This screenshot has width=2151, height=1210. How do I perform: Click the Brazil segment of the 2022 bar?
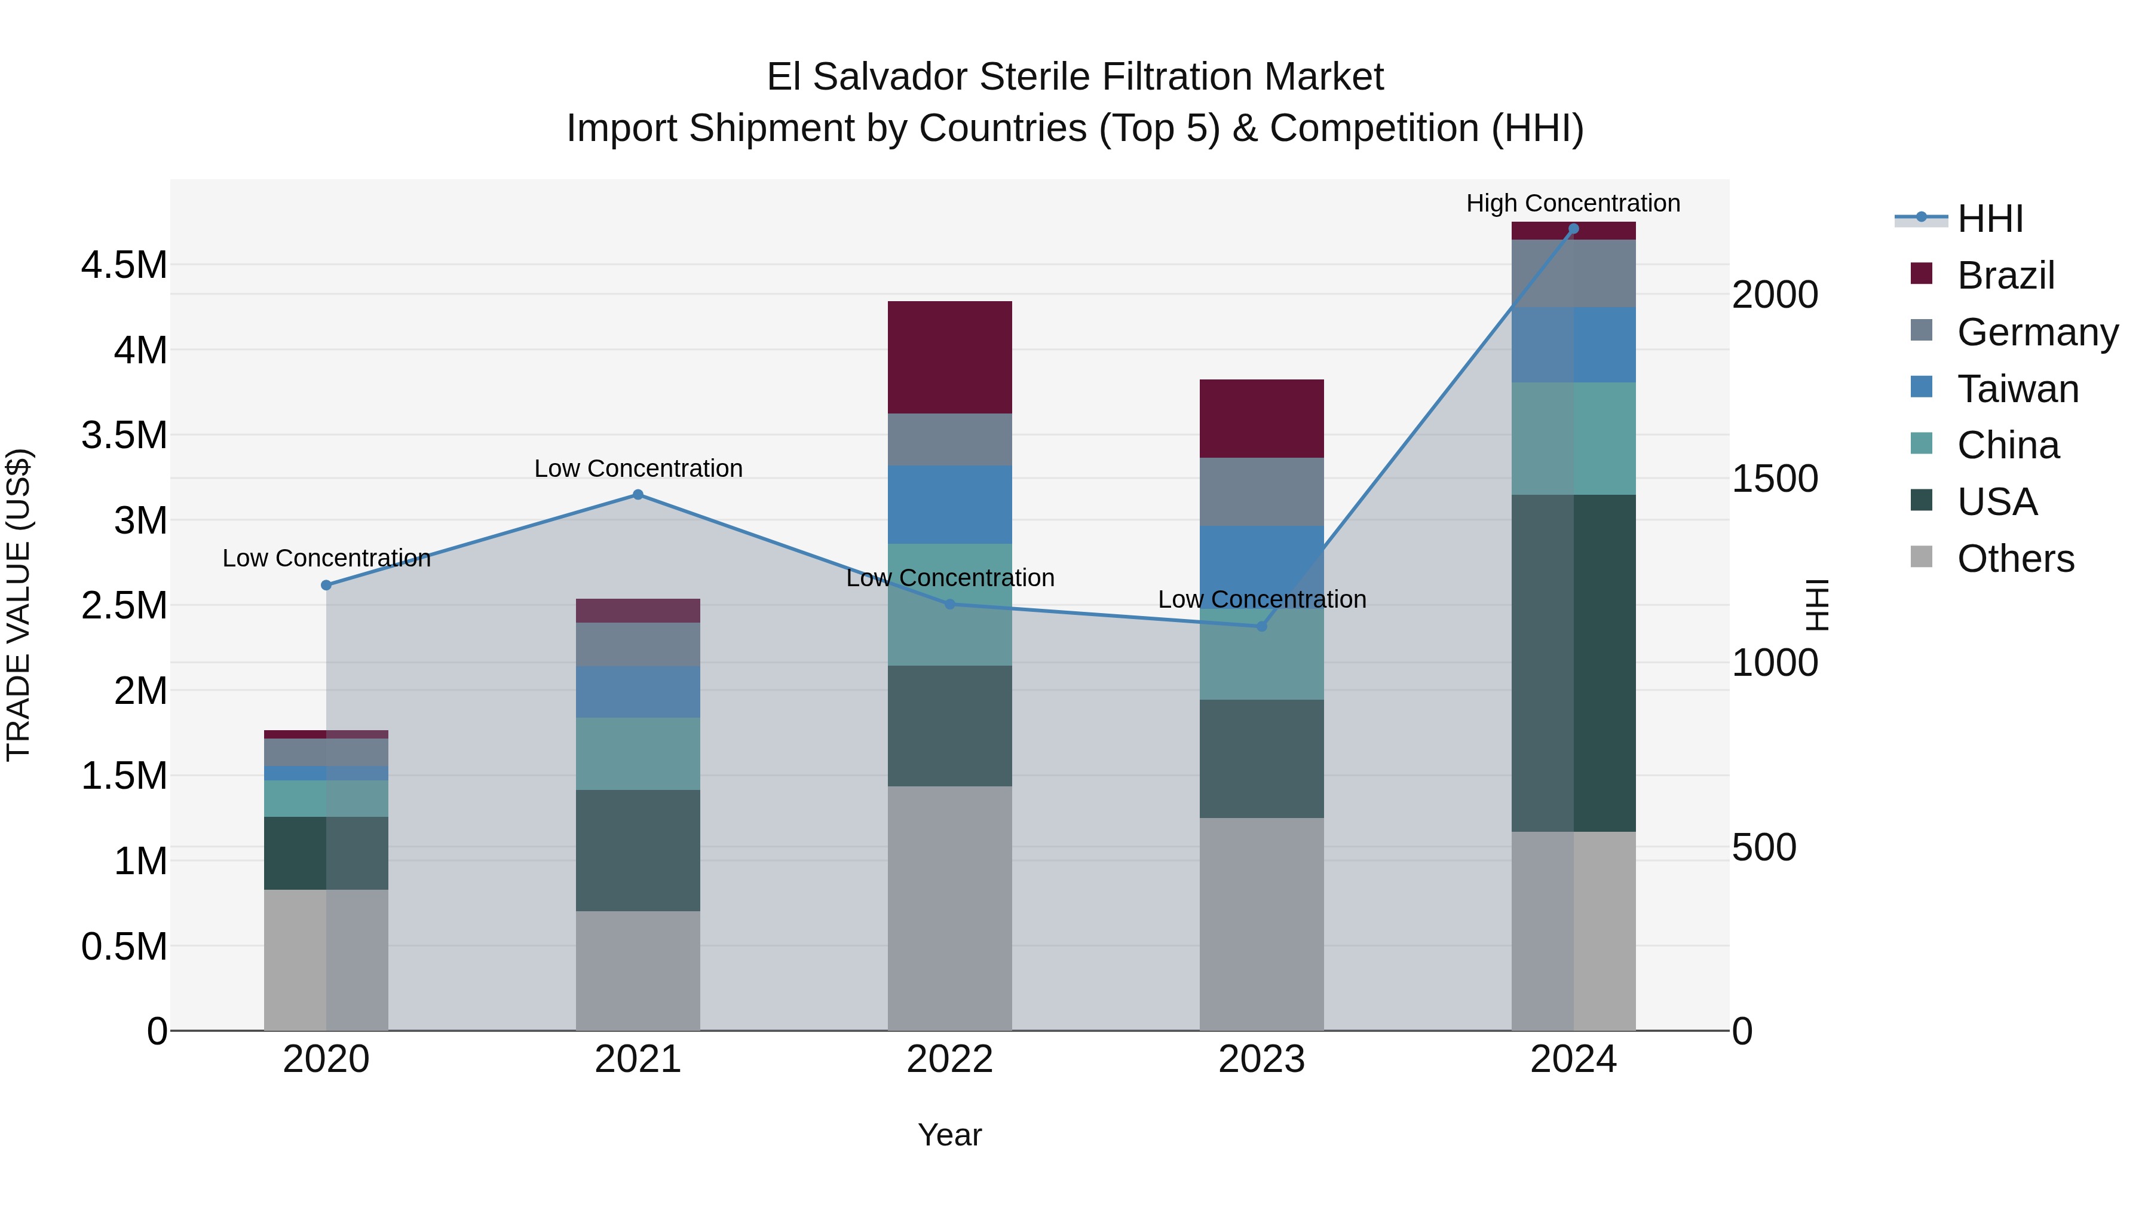949,357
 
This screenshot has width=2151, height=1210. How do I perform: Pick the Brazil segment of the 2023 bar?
1262,418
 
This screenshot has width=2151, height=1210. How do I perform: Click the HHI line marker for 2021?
638,494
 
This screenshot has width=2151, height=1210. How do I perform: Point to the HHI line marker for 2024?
1573,229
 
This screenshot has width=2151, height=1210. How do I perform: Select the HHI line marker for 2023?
1262,626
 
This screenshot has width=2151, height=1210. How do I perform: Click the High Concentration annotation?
1573,203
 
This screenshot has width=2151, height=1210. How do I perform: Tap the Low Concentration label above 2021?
638,468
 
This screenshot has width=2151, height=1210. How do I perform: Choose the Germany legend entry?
2037,332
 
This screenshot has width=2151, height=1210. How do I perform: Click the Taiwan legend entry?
2017,389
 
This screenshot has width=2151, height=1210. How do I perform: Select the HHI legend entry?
1990,219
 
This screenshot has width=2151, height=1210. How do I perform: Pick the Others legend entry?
2015,559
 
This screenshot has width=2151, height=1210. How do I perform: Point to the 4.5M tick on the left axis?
124,265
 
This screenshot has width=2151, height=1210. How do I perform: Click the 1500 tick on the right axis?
1775,479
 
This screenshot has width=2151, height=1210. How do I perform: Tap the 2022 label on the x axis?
949,1059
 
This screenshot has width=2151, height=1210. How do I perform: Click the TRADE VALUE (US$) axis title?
19,605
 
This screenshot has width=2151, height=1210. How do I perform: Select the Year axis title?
949,1135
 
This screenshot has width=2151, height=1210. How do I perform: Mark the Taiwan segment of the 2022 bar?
949,504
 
